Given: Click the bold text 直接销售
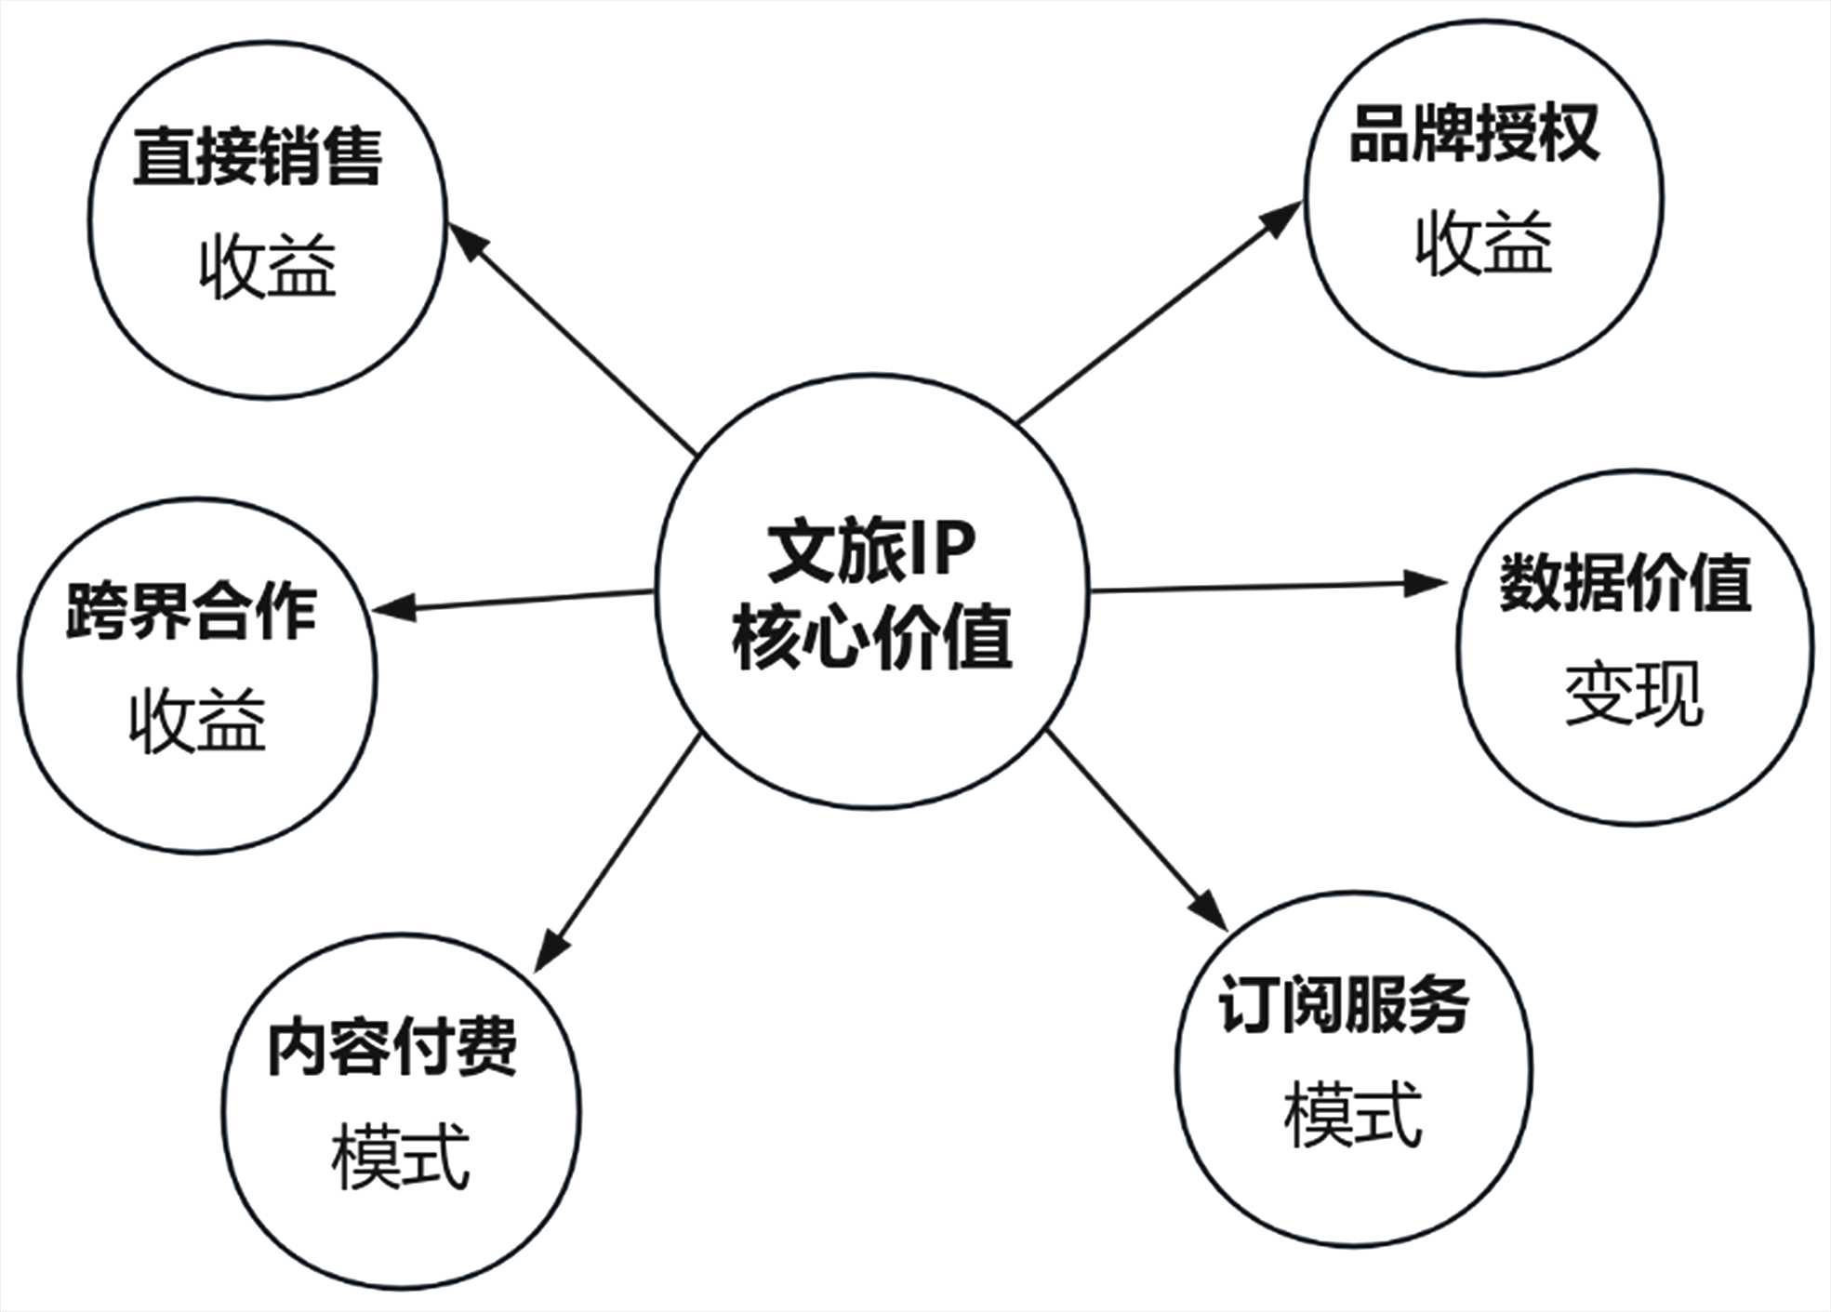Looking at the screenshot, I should [x=258, y=157].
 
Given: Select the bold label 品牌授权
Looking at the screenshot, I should [x=1474, y=133].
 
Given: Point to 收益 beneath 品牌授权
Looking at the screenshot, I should [x=1484, y=243].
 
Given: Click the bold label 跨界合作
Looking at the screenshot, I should [x=192, y=611].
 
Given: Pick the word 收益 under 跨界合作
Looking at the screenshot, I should [x=197, y=720].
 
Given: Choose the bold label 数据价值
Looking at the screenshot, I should [x=1625, y=583].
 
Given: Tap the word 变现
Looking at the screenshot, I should [x=1634, y=694].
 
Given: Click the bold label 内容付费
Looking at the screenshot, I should [x=391, y=1047].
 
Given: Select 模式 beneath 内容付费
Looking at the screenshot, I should [x=401, y=1157].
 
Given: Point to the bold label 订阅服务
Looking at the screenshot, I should [x=1344, y=1005].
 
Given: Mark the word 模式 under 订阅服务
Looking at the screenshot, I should [x=1353, y=1115].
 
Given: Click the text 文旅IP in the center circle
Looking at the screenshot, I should [x=871, y=551].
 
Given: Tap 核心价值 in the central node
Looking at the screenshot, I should [x=871, y=639].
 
